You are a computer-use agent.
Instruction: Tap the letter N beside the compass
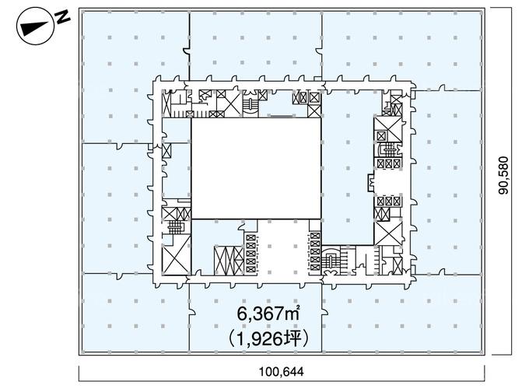pyautogui.click(x=62, y=17)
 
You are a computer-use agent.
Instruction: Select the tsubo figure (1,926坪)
pyautogui.click(x=268, y=338)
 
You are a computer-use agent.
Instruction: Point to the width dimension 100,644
pyautogui.click(x=282, y=371)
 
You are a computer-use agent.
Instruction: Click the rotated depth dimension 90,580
pyautogui.click(x=503, y=175)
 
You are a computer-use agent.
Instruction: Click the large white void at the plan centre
pyautogui.click(x=256, y=168)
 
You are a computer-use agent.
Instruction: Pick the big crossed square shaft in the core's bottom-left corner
pyautogui.click(x=176, y=254)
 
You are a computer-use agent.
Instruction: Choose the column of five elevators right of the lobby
pyautogui.click(x=315, y=251)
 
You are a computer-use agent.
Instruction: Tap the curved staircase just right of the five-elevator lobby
pyautogui.click(x=331, y=260)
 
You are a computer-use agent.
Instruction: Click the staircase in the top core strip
pyautogui.click(x=250, y=104)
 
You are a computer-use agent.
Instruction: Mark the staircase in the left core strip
pyautogui.click(x=175, y=227)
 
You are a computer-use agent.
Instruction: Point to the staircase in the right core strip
pyautogui.click(x=388, y=149)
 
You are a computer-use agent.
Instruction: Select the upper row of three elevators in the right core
pyautogui.click(x=389, y=163)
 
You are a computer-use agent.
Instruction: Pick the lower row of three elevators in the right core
pyautogui.click(x=389, y=202)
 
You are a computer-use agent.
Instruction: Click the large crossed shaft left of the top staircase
pyautogui.click(x=229, y=103)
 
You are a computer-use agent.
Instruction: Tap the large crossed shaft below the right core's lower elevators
pyautogui.click(x=389, y=233)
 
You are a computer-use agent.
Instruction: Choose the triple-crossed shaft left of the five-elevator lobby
pyautogui.click(x=229, y=261)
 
